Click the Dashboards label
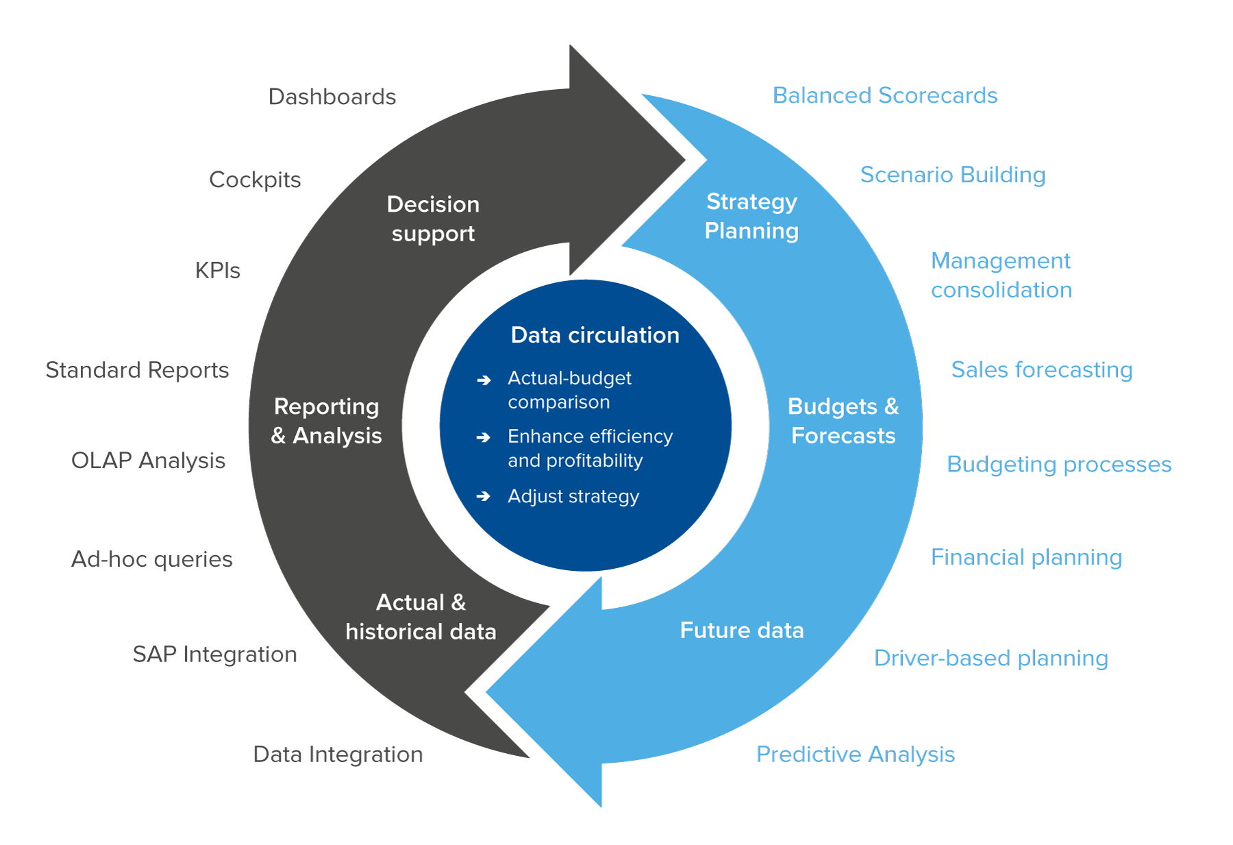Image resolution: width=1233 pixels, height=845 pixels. pos(332,97)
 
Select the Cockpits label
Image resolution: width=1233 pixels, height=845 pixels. pos(255,180)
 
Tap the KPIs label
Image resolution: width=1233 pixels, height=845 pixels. pos(218,271)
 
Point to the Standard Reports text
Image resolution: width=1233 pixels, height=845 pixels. pos(137,370)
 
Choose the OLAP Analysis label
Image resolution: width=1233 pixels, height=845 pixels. pos(149,461)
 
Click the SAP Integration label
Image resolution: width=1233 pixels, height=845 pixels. pos(215,654)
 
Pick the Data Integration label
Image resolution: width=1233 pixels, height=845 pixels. pos(338,755)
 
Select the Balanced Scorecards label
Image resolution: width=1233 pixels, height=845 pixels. pos(885,95)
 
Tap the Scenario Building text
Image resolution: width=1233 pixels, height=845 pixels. pos(953,175)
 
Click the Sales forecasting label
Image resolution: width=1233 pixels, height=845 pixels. pos(1042,370)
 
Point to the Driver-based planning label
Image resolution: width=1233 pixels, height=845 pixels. pos(991,658)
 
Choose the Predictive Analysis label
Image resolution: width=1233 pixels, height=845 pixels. pos(856,755)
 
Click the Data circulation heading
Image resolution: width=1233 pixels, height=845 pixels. pos(595,335)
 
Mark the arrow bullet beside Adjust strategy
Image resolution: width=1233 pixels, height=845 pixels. pos(484,496)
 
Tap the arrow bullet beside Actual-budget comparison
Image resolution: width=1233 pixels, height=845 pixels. pos(484,380)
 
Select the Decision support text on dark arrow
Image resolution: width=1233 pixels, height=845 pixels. pos(433,219)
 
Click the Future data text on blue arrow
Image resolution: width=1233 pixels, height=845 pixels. pos(742,630)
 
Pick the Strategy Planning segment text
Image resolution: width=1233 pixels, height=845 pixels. pos(751,217)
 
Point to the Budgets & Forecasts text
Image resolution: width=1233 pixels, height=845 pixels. pos(843,421)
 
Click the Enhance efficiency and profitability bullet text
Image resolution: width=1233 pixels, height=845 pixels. pos(590,448)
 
